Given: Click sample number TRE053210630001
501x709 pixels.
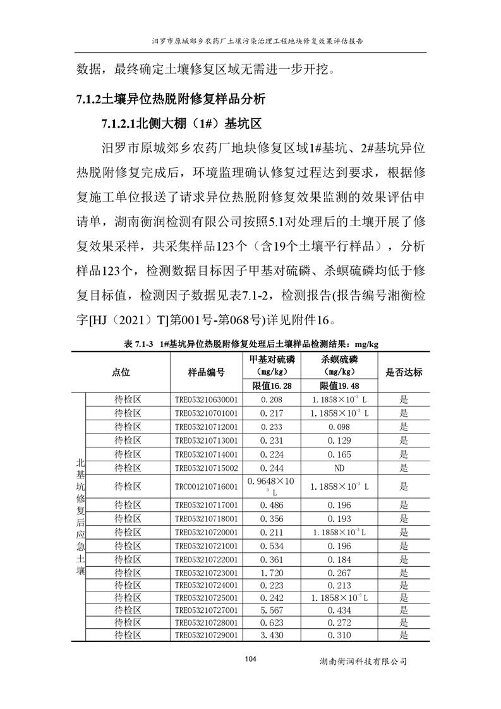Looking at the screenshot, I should click(206, 399).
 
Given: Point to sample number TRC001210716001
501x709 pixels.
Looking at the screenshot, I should click(206, 487).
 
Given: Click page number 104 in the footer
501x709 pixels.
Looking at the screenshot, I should click(250, 659).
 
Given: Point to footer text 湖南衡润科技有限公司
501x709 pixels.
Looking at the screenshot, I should click(363, 661).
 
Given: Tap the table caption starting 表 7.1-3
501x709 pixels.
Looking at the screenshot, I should click(251, 343).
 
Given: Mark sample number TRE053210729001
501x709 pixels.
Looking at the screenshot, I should click(206, 635).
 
